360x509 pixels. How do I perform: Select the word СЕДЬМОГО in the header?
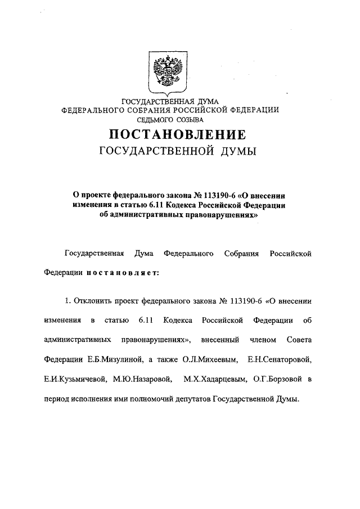tap(156, 119)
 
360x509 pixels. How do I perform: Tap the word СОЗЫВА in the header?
tap(189, 119)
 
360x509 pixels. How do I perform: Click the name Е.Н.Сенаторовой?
tap(284, 358)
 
